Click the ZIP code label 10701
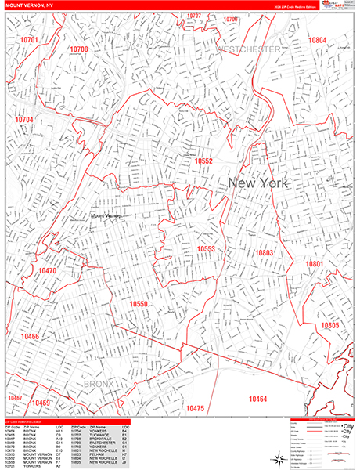pyautogui.click(x=29, y=38)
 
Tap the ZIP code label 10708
pyautogui.click(x=78, y=49)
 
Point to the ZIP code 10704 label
pyautogui.click(x=24, y=120)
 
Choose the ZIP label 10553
pyautogui.click(x=206, y=249)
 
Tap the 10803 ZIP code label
pyautogui.click(x=263, y=253)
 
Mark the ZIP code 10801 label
pyautogui.click(x=314, y=265)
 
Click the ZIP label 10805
pyautogui.click(x=329, y=325)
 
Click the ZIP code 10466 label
pyautogui.click(x=31, y=336)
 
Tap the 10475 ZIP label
pyautogui.click(x=195, y=408)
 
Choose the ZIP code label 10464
pyautogui.click(x=257, y=399)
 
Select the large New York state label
pyautogui.click(x=257, y=183)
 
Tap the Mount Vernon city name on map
pyautogui.click(x=108, y=215)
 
